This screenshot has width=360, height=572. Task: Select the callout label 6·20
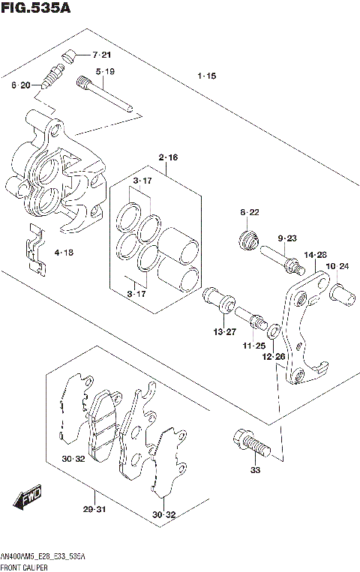click(20, 85)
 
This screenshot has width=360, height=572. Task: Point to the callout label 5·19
click(105, 72)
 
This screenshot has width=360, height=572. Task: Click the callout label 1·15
click(207, 76)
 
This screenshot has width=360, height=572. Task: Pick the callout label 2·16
click(168, 157)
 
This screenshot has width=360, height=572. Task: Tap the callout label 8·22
click(250, 213)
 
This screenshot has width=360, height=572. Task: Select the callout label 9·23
click(288, 238)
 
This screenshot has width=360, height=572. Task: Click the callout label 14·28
click(315, 256)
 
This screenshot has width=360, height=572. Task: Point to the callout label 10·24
click(338, 266)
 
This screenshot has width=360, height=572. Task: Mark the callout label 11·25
click(253, 346)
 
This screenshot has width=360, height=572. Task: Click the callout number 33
click(255, 470)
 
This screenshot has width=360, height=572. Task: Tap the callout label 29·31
click(94, 510)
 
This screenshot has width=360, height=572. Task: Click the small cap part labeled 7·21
click(70, 54)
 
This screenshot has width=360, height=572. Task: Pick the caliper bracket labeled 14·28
click(304, 326)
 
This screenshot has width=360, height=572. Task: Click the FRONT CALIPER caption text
click(26, 567)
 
